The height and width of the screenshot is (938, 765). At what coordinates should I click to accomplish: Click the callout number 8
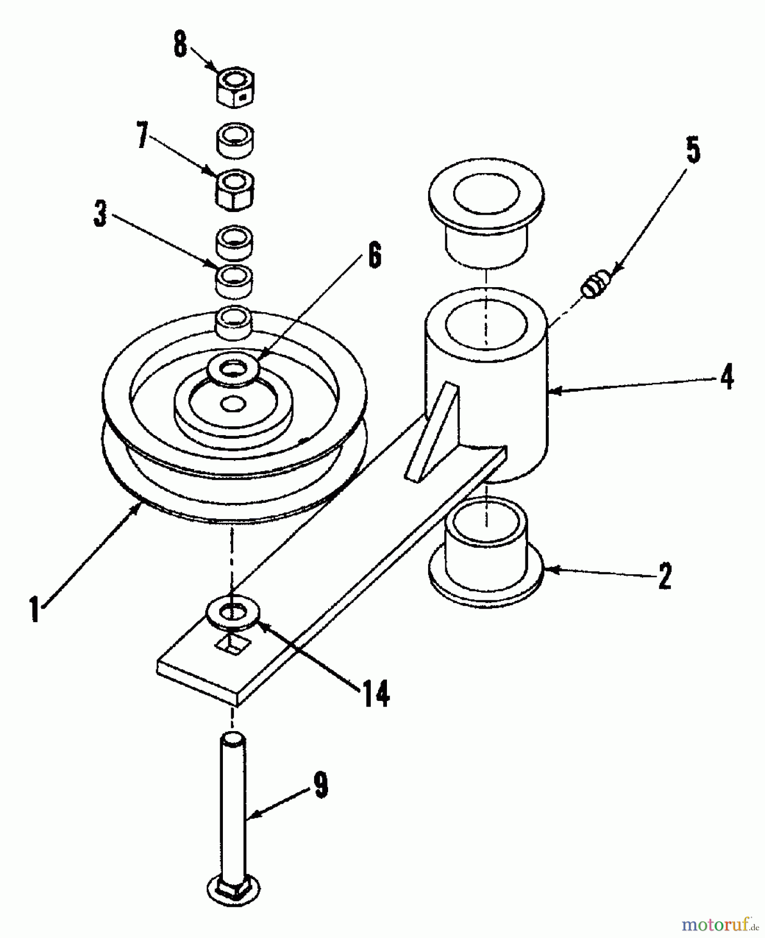(x=180, y=45)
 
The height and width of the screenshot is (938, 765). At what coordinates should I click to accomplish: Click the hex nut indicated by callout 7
(x=234, y=190)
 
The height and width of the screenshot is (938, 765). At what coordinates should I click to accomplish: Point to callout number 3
(x=100, y=214)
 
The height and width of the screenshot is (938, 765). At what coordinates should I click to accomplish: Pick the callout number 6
(x=374, y=255)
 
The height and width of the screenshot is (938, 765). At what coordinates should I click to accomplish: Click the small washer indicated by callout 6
(x=234, y=371)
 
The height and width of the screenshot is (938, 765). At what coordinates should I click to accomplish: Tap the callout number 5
(x=693, y=151)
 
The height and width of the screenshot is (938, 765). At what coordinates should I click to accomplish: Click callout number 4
(x=727, y=376)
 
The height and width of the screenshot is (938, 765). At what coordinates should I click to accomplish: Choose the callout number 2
(x=665, y=576)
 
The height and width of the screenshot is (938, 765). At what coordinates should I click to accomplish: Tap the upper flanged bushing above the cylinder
(x=486, y=208)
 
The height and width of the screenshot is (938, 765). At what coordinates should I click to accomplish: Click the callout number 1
(x=34, y=609)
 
